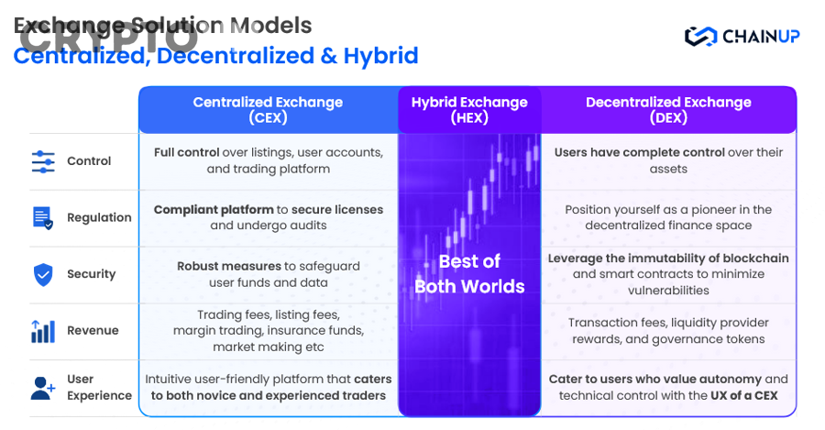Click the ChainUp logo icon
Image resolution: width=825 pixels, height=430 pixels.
pos(701,37)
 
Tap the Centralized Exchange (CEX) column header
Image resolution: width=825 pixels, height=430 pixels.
pos(268,110)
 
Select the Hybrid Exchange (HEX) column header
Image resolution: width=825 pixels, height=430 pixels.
pos(469,110)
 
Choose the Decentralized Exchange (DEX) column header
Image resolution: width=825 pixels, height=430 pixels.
pos(668,110)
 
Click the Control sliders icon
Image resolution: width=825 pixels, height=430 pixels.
pos(43,161)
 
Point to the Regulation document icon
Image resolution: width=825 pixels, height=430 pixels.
pos(43,217)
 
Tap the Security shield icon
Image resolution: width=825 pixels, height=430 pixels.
pos(43,274)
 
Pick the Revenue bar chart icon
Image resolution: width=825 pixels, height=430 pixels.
pos(43,331)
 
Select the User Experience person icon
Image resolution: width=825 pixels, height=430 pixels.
pos(43,388)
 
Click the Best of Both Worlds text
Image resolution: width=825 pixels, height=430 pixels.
pos(469,273)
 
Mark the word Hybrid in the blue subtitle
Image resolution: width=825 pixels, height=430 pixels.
pos(380,56)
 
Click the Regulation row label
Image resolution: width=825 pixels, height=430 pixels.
pos(99,217)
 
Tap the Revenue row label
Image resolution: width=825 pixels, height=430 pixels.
pos(93,331)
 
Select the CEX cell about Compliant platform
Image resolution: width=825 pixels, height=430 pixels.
pos(268,217)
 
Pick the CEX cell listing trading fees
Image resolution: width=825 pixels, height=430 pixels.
pos(268,331)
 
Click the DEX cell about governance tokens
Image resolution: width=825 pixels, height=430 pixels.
pos(667,331)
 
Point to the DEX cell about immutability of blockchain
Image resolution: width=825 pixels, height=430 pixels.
pos(668,274)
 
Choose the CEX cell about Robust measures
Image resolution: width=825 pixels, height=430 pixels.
pos(268,274)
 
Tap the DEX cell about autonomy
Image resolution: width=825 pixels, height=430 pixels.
pos(668,387)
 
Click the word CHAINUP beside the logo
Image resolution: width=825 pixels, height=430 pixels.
pos(761,37)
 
